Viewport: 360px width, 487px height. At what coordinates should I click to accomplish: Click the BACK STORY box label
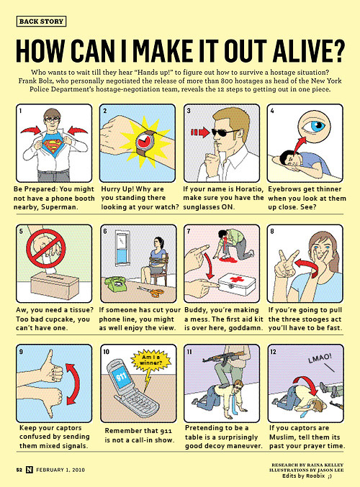point(41,22)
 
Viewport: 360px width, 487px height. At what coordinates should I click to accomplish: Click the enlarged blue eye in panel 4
point(314,125)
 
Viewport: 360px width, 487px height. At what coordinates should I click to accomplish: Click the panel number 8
point(272,231)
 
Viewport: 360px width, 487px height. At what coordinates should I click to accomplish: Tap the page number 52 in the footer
point(19,470)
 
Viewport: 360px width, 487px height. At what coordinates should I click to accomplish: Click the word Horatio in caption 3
point(249,189)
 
